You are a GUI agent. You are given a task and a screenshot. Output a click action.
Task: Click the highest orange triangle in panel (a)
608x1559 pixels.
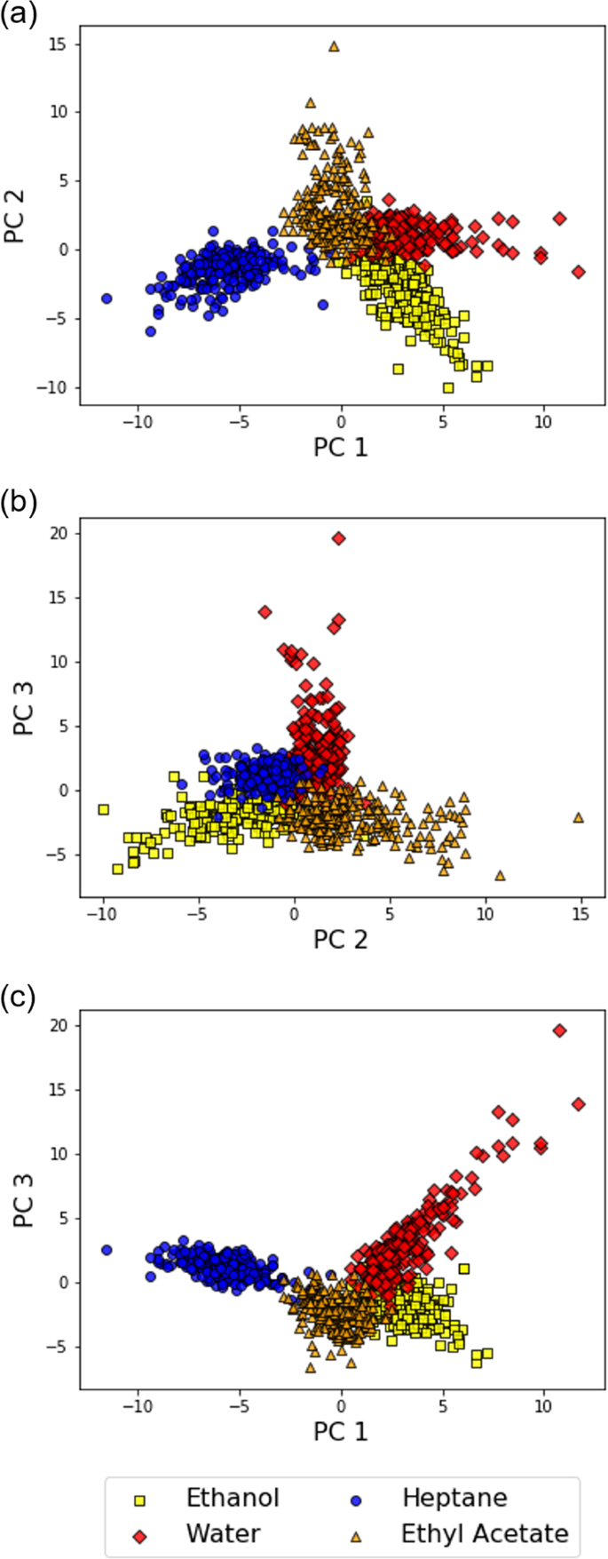334,46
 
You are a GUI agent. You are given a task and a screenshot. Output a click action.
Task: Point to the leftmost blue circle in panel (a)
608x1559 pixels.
107,298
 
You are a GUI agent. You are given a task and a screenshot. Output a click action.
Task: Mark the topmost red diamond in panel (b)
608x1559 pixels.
338,538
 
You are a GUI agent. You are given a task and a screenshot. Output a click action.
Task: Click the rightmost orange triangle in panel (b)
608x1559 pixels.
579,817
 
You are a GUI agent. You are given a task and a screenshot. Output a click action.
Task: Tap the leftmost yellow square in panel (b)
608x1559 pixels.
103,809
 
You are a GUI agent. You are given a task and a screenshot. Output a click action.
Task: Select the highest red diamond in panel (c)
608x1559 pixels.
559,1030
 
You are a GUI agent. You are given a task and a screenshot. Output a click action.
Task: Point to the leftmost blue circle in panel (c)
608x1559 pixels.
107,1250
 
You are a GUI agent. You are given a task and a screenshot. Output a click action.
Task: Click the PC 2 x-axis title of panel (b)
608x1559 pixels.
340,939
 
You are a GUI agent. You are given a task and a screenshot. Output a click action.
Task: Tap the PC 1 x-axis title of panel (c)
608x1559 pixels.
340,1431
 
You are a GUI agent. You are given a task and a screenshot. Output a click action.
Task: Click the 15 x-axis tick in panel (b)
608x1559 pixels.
581,912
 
